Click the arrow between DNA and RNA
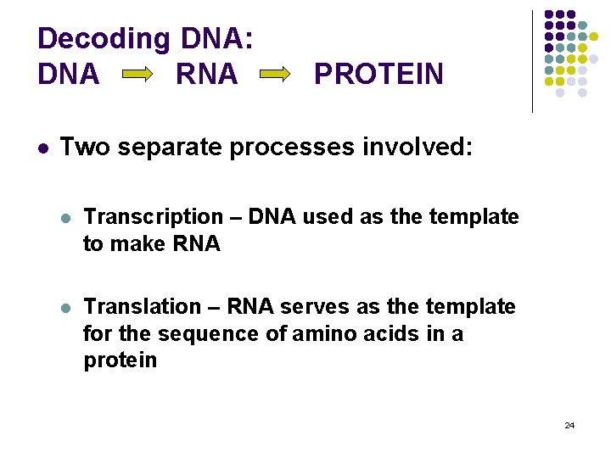[137, 75]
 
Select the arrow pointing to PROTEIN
[275, 75]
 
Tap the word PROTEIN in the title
[378, 75]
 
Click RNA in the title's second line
[206, 75]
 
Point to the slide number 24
[569, 425]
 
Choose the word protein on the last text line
[120, 360]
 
